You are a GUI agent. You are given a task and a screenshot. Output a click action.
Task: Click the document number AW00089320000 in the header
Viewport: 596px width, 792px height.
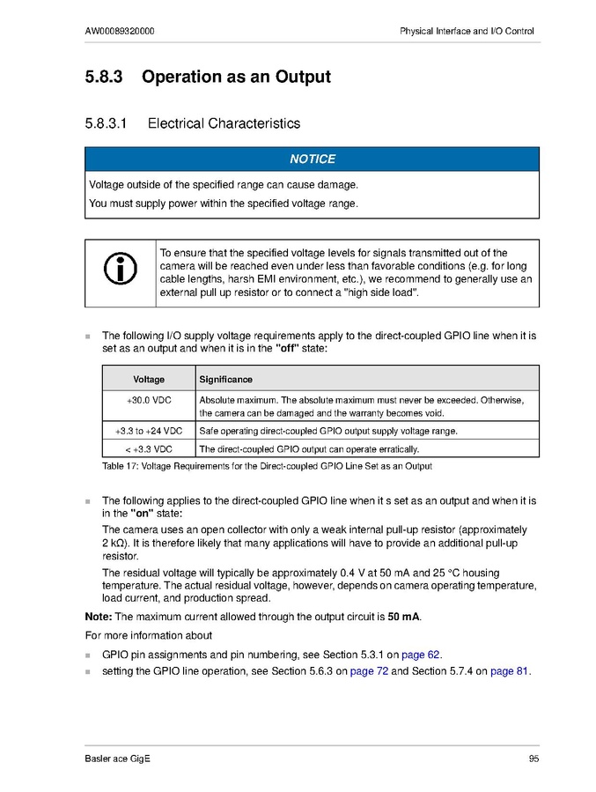pos(120,32)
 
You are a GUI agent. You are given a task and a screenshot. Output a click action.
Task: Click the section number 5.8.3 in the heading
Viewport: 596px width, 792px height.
pos(107,78)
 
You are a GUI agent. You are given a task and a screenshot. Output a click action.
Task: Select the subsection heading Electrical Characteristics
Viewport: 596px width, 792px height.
pos(224,124)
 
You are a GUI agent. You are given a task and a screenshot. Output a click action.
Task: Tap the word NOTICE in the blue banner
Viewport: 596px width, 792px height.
pos(313,159)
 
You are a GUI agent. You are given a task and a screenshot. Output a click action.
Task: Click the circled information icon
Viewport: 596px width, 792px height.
pos(120,270)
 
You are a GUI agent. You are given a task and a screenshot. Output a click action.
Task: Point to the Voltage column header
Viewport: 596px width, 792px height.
pos(149,380)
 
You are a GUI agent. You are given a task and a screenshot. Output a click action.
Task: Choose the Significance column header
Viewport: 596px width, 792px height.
pos(225,380)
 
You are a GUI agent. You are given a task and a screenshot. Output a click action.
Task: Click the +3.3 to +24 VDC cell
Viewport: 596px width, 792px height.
pos(149,431)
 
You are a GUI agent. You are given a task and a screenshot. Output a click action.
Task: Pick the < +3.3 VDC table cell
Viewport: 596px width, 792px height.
pos(149,448)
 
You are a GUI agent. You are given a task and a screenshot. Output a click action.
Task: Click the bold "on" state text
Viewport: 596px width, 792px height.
pos(147,513)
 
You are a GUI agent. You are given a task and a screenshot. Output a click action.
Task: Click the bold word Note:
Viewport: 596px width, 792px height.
pos(99,616)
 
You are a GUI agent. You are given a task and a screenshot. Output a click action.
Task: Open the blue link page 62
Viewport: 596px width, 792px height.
pos(421,655)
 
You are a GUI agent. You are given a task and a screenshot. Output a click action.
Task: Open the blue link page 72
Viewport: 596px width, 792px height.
pos(369,671)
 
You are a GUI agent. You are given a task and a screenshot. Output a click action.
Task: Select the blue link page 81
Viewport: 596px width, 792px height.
pos(509,671)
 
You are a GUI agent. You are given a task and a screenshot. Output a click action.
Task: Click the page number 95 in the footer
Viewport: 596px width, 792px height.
pos(533,759)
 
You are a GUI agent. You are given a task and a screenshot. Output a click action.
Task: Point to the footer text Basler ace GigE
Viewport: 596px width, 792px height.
pos(118,759)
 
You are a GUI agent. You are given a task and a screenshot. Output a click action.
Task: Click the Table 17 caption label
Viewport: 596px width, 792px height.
pos(121,466)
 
